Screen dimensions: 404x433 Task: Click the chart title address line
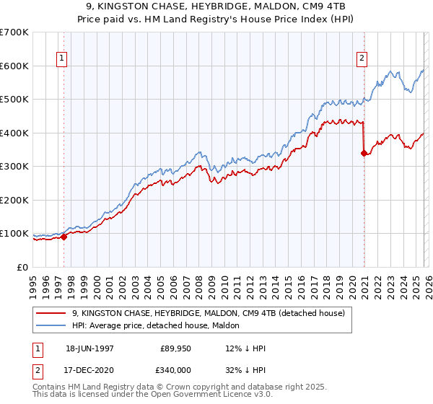click(216, 6)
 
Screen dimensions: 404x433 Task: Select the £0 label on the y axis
click(23, 267)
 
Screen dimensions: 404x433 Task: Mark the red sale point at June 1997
click(64, 236)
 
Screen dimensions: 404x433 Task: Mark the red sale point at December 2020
click(364, 152)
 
